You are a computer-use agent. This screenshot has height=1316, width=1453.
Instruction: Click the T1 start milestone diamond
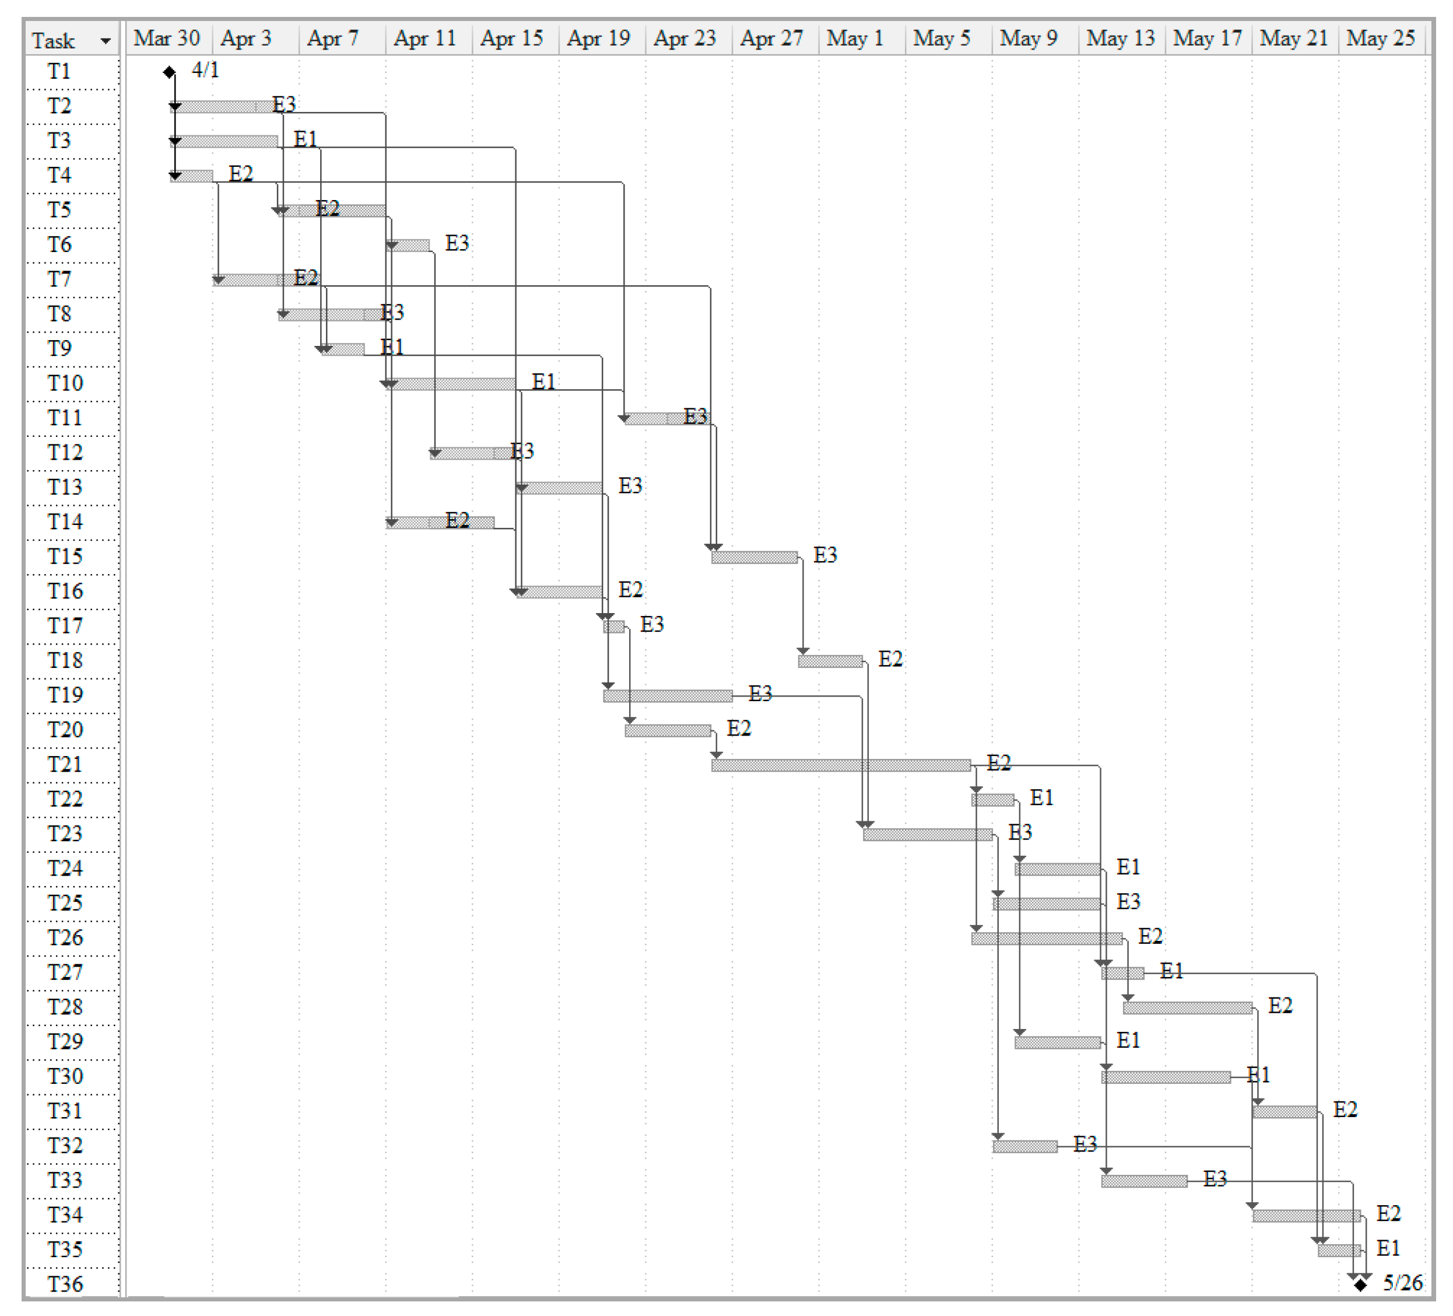tap(169, 72)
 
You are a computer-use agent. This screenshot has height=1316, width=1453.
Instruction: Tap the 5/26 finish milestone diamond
tap(1360, 1284)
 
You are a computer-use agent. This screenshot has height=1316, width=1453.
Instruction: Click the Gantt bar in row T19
tap(668, 696)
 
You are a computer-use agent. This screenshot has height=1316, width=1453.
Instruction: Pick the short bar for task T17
tap(614, 626)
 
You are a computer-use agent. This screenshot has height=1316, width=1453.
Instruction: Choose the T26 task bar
tap(1047, 938)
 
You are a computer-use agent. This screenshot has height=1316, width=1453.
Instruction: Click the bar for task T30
tap(1166, 1077)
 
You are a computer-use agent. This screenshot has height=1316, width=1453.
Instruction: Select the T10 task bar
tap(452, 384)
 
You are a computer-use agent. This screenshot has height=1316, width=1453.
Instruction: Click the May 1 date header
tap(855, 38)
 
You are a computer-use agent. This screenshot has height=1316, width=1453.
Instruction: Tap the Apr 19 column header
tap(598, 38)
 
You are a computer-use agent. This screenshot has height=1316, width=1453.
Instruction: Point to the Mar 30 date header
tap(167, 38)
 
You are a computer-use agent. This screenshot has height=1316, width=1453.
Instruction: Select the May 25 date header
tap(1380, 38)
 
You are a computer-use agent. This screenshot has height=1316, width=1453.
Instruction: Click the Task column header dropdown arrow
tap(106, 41)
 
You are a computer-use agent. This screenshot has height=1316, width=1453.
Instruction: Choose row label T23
tap(65, 834)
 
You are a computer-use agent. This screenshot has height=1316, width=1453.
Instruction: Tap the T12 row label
tap(65, 453)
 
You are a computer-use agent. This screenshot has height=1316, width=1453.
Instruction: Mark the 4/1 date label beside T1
tap(205, 71)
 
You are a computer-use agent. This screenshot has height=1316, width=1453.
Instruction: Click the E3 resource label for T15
tap(825, 555)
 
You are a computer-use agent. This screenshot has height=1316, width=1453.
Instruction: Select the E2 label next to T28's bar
tap(1280, 1005)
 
